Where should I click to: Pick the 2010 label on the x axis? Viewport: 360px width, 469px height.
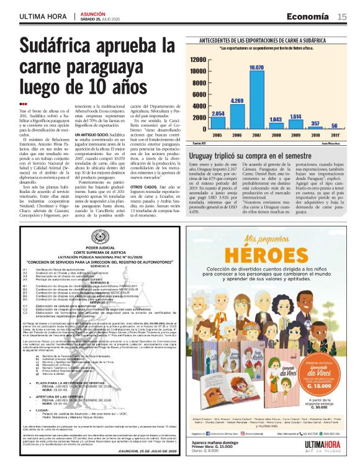click(x=315, y=135)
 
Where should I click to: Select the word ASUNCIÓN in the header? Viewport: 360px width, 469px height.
click(x=93, y=12)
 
